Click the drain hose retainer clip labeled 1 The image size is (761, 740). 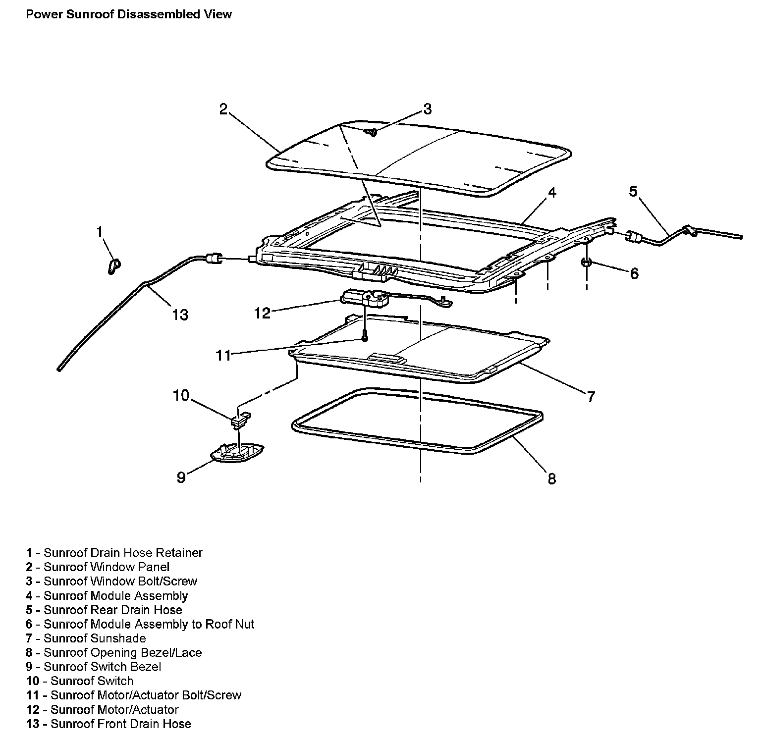point(113,265)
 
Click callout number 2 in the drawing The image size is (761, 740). point(223,109)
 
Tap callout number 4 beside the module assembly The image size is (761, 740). point(551,192)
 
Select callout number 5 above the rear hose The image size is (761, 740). point(633,191)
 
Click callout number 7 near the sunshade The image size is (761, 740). point(590,396)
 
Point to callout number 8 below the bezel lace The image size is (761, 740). point(551,478)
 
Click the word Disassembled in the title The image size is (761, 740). point(160,14)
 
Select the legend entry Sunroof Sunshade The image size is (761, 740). point(95,638)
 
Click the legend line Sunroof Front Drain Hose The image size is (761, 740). point(120,724)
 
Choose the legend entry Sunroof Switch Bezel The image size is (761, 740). point(102,667)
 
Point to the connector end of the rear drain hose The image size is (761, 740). point(634,237)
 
